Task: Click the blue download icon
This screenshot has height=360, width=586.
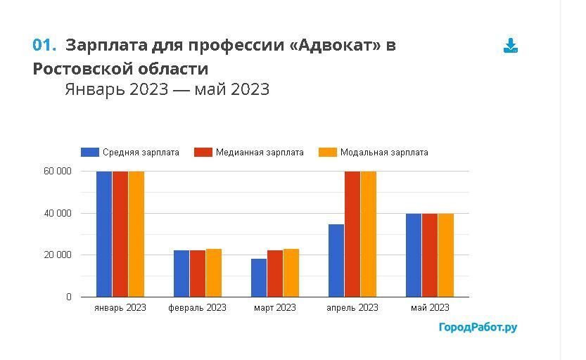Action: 511,46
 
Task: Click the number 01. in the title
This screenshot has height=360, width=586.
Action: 44,46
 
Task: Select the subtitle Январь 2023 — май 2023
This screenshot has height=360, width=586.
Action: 167,90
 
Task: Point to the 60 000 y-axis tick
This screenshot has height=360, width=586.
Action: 58,172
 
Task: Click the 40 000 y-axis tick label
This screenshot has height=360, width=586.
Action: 58,213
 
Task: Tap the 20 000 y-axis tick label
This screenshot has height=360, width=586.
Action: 58,255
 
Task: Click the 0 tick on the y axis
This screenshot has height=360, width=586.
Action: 69,297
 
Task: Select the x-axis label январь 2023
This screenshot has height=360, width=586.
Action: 120,308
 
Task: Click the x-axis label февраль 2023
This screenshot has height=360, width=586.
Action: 198,308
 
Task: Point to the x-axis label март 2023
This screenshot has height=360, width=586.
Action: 275,308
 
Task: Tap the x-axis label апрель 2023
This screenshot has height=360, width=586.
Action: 352,308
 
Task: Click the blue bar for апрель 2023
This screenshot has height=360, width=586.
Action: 336,260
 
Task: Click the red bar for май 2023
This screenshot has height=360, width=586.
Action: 430,255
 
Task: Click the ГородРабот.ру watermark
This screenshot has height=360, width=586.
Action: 478,328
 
